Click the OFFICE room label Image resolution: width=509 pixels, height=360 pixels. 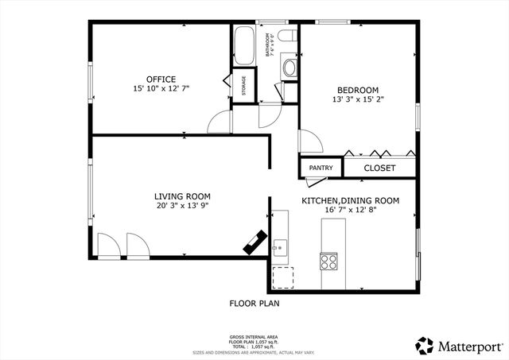[161, 79]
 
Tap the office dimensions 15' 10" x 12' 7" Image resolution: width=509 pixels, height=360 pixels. [161, 88]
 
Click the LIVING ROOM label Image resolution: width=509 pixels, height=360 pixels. [181, 195]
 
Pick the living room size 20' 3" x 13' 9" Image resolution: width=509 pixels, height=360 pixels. [181, 205]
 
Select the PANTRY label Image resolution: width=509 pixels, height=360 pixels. [321, 168]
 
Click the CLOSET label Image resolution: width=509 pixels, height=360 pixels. [379, 168]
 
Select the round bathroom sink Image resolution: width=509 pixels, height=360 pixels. [289, 68]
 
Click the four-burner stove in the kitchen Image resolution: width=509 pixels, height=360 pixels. [328, 261]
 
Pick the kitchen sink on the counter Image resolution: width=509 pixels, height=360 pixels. [279, 247]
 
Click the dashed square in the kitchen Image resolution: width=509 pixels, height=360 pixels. [282, 277]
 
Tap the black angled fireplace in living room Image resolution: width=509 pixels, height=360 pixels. [256, 243]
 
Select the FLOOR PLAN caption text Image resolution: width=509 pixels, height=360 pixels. [254, 303]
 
